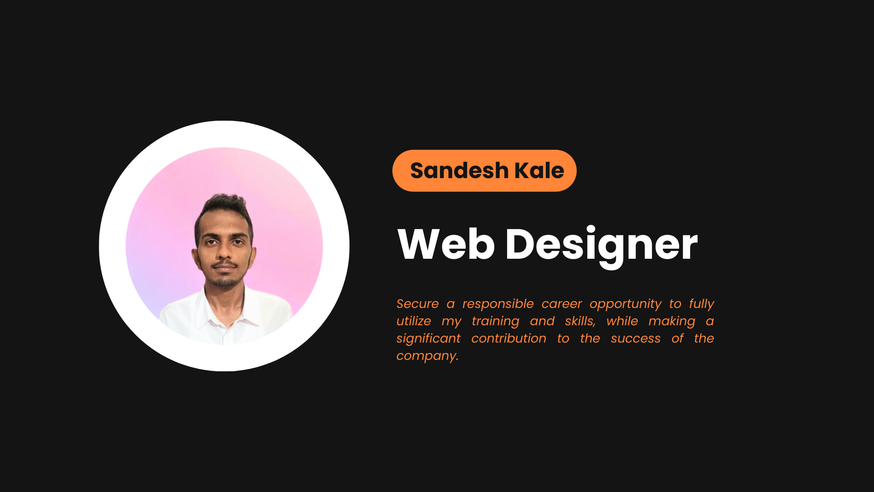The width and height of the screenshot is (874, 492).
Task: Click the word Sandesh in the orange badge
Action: (x=459, y=171)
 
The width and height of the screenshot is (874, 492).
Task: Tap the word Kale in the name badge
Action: (x=539, y=171)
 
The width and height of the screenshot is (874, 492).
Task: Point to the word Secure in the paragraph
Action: (x=417, y=304)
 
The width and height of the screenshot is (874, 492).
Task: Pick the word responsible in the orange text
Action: (x=498, y=304)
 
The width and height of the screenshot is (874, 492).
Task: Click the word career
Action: (x=561, y=304)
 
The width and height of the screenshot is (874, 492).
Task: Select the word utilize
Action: (x=413, y=321)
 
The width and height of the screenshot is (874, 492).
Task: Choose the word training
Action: (x=495, y=322)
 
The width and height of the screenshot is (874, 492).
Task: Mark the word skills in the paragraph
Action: (x=579, y=321)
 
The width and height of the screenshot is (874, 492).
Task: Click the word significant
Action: (x=428, y=339)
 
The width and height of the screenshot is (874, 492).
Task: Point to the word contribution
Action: (x=508, y=338)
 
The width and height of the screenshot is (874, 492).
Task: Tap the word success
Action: (x=635, y=338)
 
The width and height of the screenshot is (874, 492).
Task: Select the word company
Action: (x=427, y=356)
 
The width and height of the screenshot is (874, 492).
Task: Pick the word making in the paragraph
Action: (x=671, y=322)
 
